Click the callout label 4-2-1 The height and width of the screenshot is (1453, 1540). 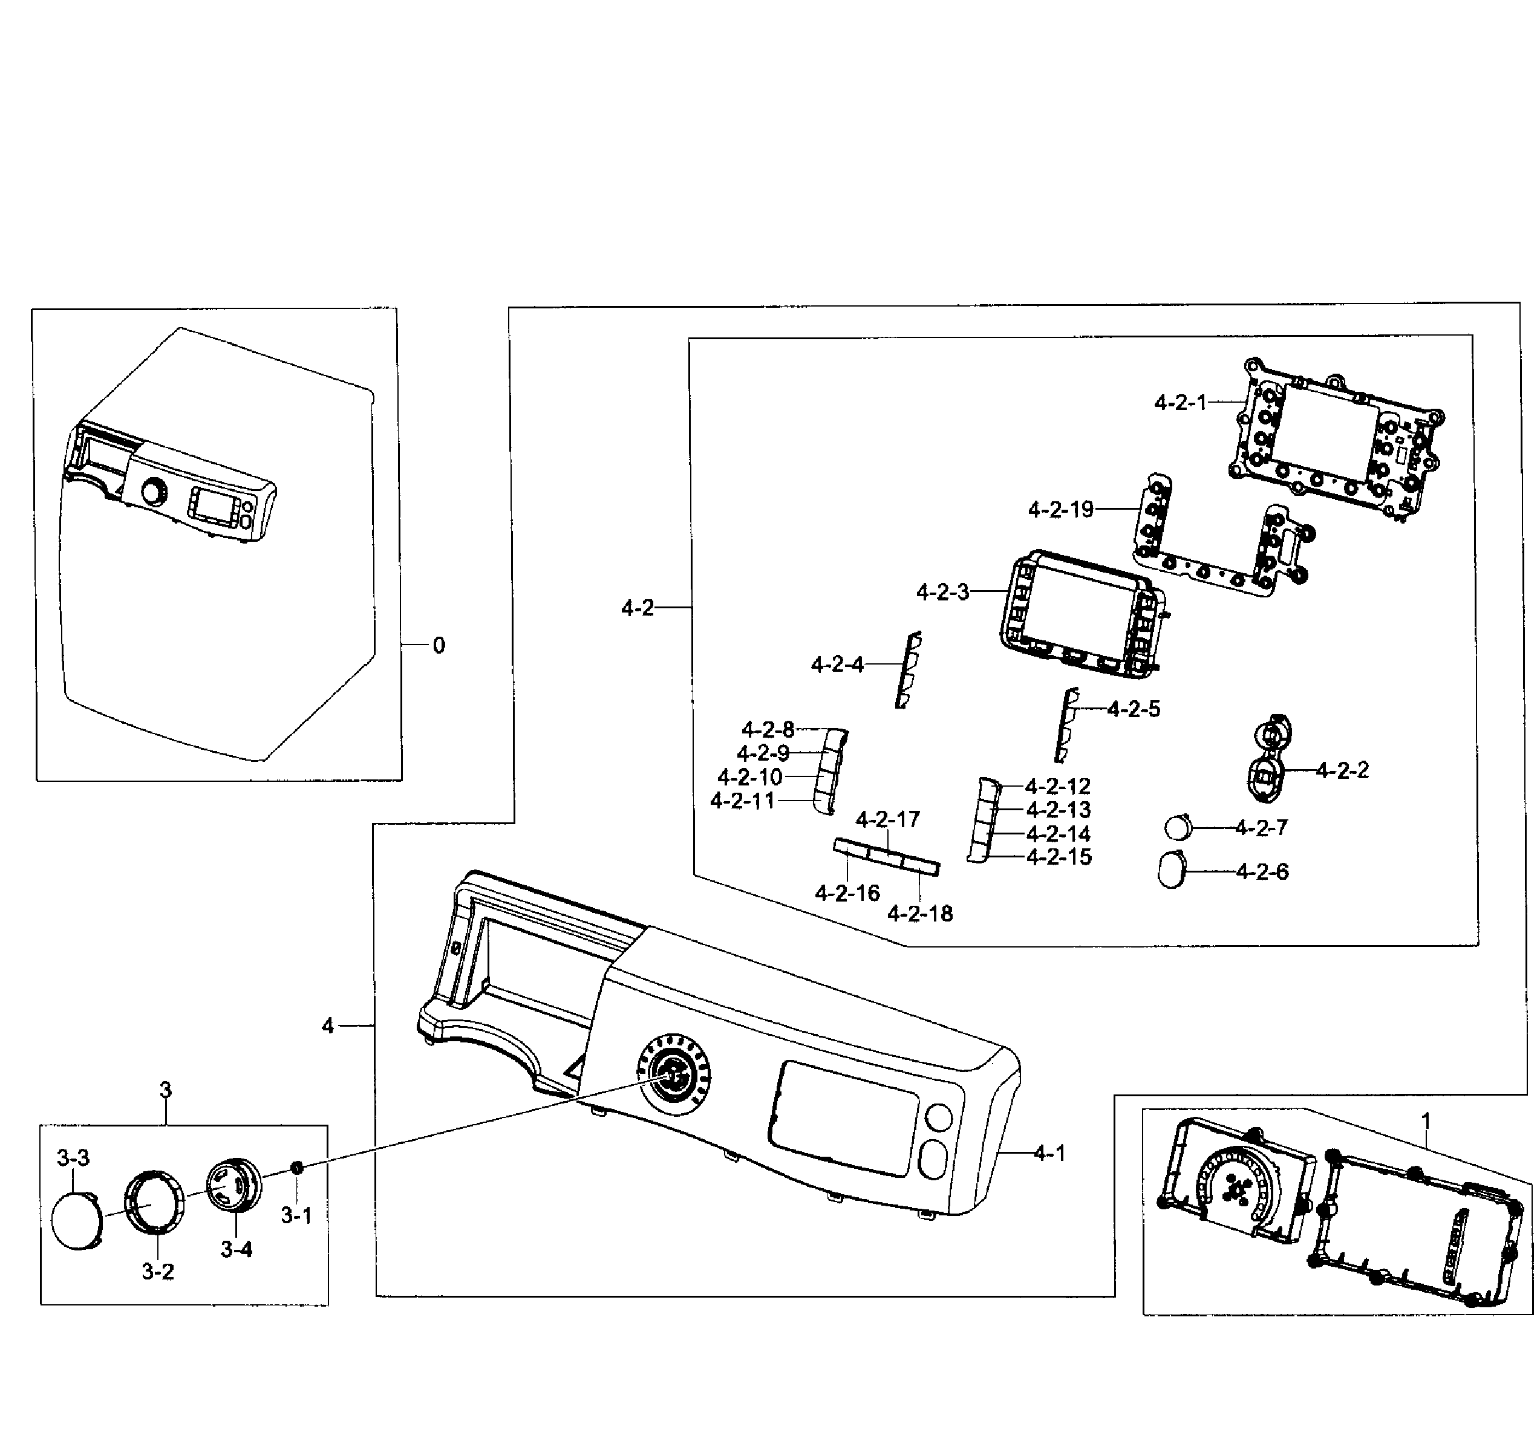1179,403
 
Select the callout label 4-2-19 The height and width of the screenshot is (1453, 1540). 1060,510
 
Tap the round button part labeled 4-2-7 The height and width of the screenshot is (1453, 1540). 1178,827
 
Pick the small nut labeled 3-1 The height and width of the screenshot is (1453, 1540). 296,1167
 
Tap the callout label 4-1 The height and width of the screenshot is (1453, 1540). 1049,1154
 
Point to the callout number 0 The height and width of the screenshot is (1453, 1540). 439,645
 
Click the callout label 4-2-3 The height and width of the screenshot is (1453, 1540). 942,593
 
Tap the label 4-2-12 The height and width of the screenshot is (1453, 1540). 1057,786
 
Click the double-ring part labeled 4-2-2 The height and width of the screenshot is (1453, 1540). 1268,758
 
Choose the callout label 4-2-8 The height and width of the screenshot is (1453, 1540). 768,730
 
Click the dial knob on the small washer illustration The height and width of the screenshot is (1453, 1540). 154,493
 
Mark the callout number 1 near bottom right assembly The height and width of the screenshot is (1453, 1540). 1425,1120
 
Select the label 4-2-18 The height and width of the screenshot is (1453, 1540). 919,914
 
